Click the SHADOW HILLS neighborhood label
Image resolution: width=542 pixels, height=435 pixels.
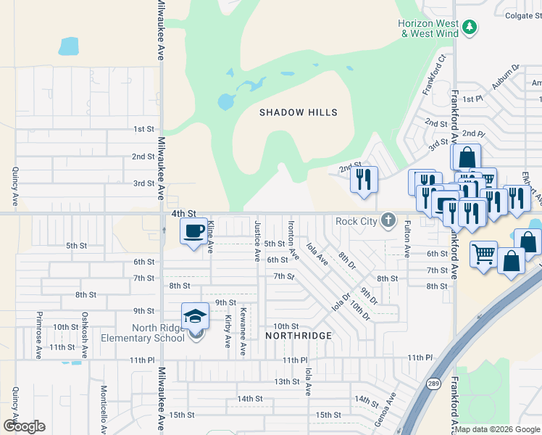tap(299, 112)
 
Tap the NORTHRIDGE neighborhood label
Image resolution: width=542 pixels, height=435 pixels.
tap(299, 336)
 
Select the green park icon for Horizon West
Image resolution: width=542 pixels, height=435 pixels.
tap(470, 28)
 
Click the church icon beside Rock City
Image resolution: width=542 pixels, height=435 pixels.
tap(388, 220)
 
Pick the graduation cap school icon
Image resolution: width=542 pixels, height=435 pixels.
tap(195, 316)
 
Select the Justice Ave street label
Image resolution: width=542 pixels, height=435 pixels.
tap(257, 241)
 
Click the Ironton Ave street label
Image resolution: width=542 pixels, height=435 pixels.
tap(293, 241)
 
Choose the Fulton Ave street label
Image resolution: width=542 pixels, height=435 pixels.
tap(407, 239)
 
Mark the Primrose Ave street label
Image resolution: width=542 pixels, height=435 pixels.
tap(38, 336)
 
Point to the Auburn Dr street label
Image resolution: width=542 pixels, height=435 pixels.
tap(506, 77)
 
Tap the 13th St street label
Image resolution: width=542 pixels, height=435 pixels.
tap(286, 381)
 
